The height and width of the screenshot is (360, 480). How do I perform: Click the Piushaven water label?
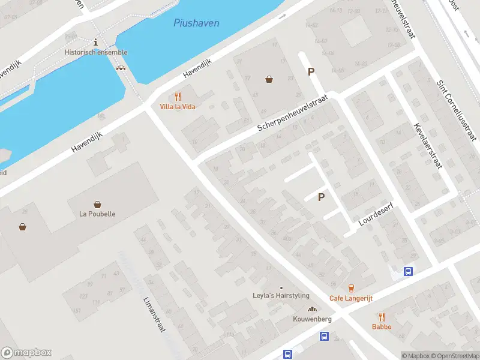coord(196,23)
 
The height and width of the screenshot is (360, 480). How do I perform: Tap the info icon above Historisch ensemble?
coord(95,41)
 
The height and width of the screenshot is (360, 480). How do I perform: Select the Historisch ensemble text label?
coord(96,52)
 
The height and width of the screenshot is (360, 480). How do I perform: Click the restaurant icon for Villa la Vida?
coord(178,97)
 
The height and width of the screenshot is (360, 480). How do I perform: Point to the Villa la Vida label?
coord(178,107)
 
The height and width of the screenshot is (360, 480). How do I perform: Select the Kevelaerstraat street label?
coord(427,145)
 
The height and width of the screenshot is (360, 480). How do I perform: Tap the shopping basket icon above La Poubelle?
coord(97,204)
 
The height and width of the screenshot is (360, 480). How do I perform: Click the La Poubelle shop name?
coord(97,214)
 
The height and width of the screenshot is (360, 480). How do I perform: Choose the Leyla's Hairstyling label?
coord(281,296)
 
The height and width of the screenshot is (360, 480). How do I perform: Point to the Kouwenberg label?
coord(312,319)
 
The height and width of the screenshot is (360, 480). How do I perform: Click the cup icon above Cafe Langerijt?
coord(352,288)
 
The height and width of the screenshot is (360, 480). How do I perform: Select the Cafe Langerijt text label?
coord(352,298)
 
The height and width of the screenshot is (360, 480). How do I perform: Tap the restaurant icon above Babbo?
coord(382,317)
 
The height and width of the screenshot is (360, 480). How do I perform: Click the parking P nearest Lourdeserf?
coord(321,197)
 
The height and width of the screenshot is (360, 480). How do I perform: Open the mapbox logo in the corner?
coord(26,353)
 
